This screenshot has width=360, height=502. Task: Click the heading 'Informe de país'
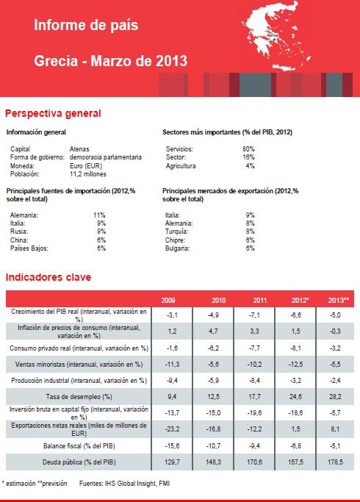point(86,25)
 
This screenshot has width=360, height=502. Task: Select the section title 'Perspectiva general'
point(53,113)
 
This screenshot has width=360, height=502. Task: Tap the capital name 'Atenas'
point(79,149)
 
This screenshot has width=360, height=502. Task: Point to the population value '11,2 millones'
point(88,174)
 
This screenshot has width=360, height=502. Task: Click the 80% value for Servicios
point(248,149)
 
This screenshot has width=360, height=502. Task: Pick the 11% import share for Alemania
point(99,215)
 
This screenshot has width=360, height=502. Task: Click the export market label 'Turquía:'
point(176,232)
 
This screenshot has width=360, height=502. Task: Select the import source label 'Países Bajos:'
point(29,248)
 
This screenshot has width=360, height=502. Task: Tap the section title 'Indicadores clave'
point(48,277)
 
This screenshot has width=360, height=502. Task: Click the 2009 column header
point(168,301)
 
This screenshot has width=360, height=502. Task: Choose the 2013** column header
point(338,301)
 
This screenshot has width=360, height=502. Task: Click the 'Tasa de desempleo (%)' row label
point(79,397)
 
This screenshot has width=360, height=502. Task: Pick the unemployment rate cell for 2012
point(295,397)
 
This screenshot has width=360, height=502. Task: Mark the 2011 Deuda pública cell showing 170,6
point(254,462)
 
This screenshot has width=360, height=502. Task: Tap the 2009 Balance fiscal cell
point(172,445)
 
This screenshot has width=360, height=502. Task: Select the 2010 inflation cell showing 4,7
point(214,331)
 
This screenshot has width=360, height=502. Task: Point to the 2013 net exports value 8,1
point(335,429)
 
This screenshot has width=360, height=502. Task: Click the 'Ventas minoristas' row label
point(79,365)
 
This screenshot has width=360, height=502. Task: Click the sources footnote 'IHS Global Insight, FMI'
point(137,484)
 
